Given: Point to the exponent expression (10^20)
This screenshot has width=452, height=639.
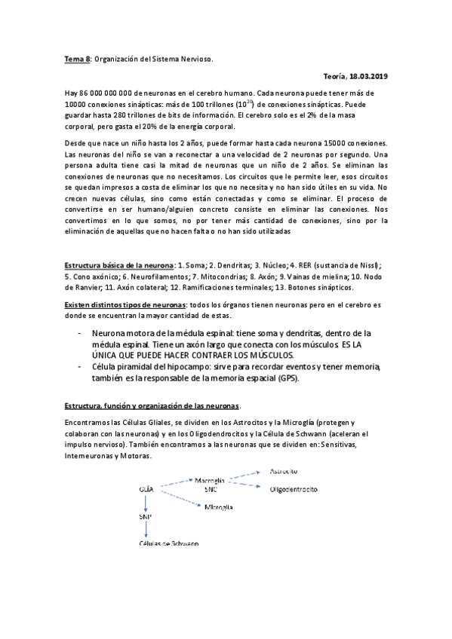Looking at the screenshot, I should (260, 102).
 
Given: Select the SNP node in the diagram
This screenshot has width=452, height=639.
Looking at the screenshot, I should (146, 518).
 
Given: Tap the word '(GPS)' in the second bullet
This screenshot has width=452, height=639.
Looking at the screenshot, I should (286, 378).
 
